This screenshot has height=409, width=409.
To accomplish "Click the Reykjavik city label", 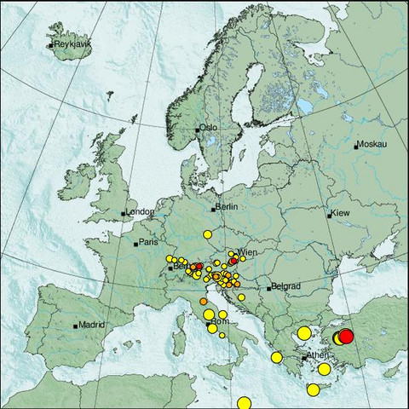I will click(x=72, y=44).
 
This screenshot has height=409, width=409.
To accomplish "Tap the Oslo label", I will click(x=209, y=128).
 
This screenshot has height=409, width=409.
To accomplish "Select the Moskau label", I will click(x=372, y=145).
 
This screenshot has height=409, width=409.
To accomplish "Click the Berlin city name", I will click(x=226, y=207).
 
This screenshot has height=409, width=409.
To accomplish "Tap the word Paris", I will click(x=148, y=243).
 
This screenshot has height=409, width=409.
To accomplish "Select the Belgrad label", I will click(x=284, y=287).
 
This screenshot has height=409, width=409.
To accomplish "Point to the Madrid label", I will click(x=91, y=324).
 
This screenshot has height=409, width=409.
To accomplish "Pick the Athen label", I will click(x=318, y=355).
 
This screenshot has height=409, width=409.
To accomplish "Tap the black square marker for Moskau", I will click(x=356, y=146).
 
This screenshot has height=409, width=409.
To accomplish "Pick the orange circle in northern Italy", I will click(x=203, y=301).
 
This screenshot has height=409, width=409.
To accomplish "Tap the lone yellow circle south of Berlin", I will click(x=206, y=233).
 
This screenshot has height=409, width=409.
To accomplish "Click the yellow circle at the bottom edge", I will click(x=245, y=402).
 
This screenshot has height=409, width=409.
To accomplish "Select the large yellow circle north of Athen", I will click(x=303, y=332).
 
